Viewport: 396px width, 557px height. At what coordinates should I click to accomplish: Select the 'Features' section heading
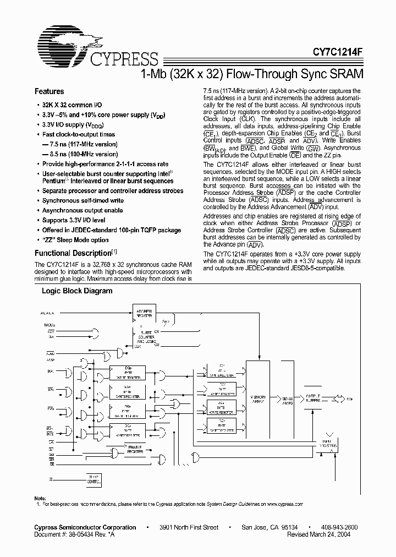tap(50, 91)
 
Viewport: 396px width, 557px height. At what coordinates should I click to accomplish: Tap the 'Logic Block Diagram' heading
tap(77, 291)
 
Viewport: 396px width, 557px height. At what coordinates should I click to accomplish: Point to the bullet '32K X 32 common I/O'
tap(71, 105)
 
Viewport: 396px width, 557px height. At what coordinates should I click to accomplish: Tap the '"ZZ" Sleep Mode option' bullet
tap(75, 240)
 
